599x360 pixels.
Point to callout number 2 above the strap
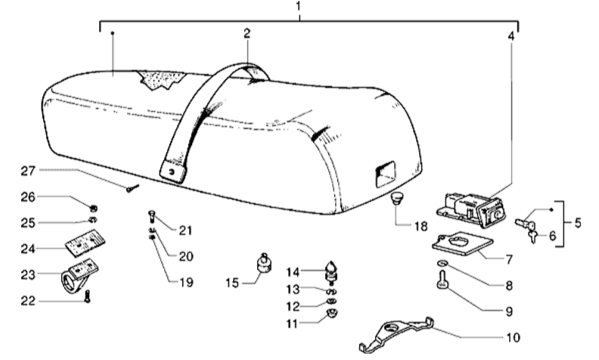[x=247, y=33]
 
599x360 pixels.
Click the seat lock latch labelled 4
[x=470, y=207]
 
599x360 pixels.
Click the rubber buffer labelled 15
[x=265, y=265]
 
